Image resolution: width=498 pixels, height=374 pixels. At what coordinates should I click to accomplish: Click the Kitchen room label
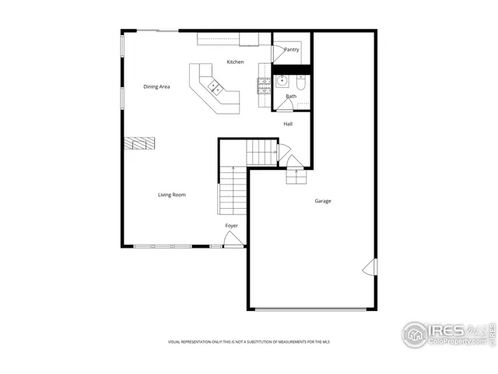pyautogui.click(x=235, y=62)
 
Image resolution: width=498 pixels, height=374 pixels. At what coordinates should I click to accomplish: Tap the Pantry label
pyautogui.click(x=291, y=49)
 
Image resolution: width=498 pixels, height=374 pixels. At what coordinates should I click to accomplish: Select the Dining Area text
pyautogui.click(x=156, y=86)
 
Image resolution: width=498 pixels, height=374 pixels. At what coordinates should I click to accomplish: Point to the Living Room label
pyautogui.click(x=172, y=195)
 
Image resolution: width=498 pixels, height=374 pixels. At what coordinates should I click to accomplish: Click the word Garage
pyautogui.click(x=323, y=201)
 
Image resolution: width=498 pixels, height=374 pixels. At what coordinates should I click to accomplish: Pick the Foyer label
pyautogui.click(x=232, y=225)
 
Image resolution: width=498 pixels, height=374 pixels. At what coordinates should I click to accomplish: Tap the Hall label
pyautogui.click(x=288, y=124)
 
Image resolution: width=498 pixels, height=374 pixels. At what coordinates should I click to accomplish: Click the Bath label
pyautogui.click(x=291, y=97)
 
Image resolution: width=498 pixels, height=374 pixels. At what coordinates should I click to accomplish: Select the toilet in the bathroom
pyautogui.click(x=303, y=80)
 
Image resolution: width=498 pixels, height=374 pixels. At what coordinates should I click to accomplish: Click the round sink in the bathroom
pyautogui.click(x=281, y=80)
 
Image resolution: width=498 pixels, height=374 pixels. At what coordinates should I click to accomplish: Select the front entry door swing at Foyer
pyautogui.click(x=232, y=242)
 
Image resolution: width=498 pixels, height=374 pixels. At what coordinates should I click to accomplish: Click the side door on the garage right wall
pyautogui.click(x=369, y=267)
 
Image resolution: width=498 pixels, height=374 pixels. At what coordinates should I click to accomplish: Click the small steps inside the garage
pyautogui.click(x=296, y=177)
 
